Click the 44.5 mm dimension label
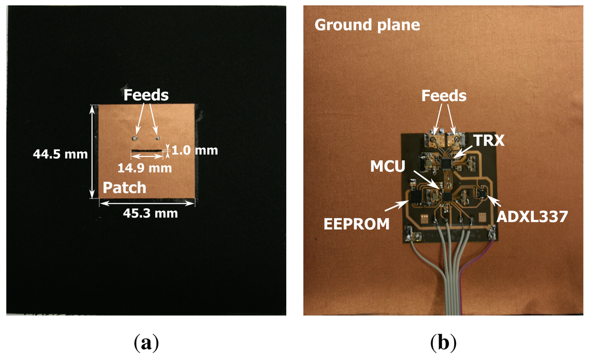(61, 154)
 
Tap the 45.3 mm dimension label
(150, 213)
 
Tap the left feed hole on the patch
(134, 137)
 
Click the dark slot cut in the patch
(148, 152)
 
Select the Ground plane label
(366, 25)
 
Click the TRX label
(488, 139)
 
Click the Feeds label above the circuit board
(444, 96)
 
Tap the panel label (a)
(145, 344)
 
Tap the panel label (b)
(443, 344)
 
